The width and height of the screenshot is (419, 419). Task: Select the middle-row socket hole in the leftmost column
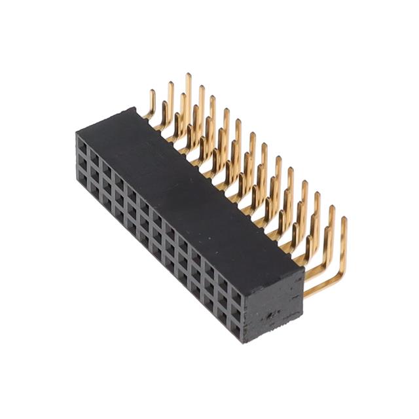coord(84,161)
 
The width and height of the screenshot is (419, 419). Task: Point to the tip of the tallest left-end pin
coord(188,76)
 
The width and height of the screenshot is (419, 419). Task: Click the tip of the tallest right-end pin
coord(344,221)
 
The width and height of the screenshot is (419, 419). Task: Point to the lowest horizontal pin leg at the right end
coord(321,288)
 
